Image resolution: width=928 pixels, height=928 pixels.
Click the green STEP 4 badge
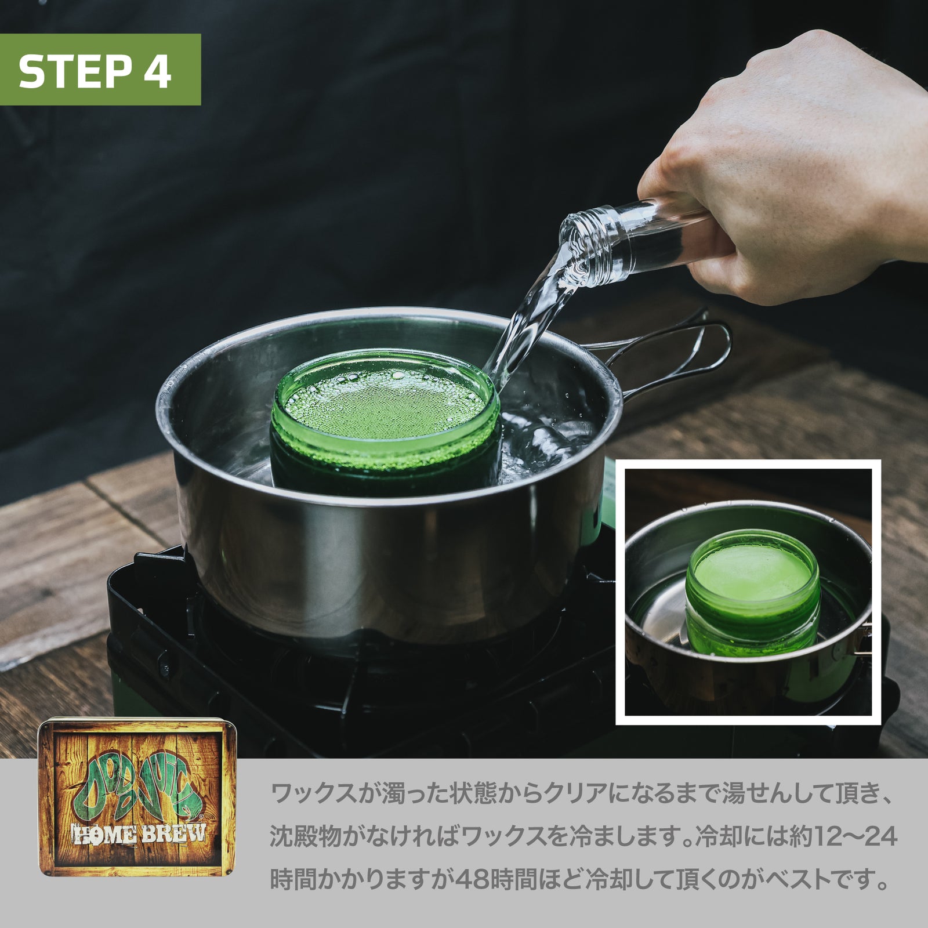point(100,70)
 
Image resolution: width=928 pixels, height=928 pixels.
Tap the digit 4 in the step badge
point(157,71)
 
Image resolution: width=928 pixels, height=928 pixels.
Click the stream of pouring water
point(528,319)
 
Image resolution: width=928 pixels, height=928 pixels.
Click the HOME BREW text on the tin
point(138,834)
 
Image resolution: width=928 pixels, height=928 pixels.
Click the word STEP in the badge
point(75,71)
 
